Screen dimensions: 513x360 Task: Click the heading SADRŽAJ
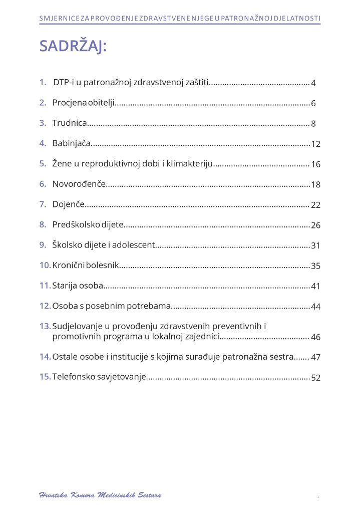[73, 46]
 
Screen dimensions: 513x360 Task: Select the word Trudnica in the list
[70, 123]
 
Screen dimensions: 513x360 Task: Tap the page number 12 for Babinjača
[315, 144]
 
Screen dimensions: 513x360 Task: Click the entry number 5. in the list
[43, 164]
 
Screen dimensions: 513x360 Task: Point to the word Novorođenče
[79, 184]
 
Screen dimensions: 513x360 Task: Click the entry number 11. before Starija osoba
[45, 286]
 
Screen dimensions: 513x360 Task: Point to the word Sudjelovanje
[78, 327]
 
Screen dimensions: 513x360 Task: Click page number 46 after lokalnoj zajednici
[315, 338]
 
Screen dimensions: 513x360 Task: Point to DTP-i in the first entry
[63, 82]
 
